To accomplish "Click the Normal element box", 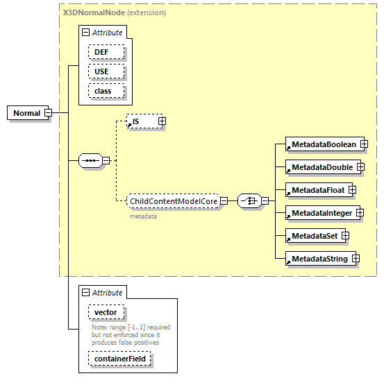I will pos(26,113).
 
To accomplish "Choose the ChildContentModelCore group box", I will pos(173,201).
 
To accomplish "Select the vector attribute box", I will pos(106,313).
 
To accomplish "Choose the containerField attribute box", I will pos(119,359).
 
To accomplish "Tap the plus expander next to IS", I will pos(162,121).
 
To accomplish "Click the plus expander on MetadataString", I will pos(355,259).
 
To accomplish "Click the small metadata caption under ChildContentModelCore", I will pos(143,216).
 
